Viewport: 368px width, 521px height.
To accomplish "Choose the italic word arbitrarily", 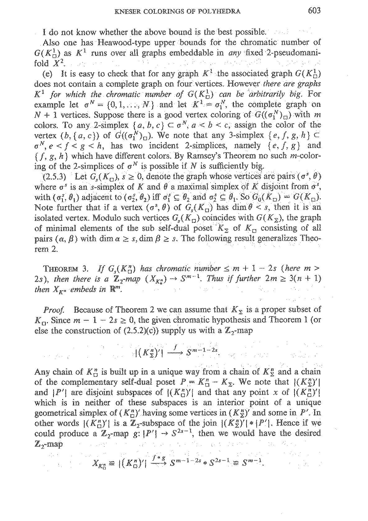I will tap(264, 94).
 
